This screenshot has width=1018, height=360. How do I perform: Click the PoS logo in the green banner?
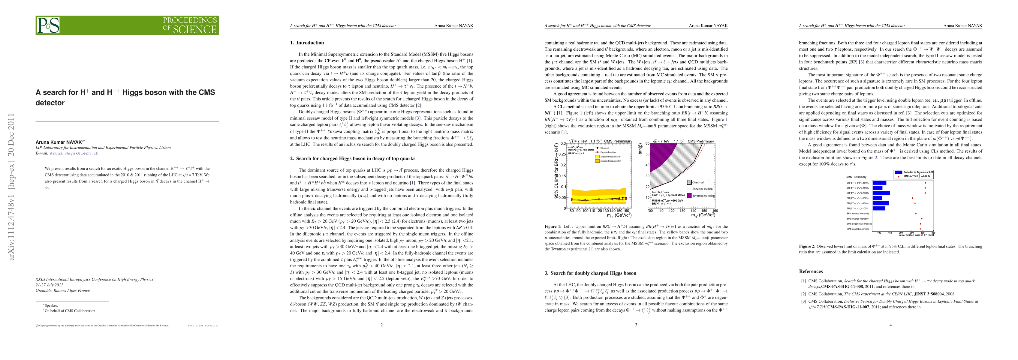(48, 25)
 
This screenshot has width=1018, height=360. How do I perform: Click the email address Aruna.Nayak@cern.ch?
(74, 153)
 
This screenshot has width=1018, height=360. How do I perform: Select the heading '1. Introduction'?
(307, 43)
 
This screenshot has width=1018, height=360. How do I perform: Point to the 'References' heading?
(811, 271)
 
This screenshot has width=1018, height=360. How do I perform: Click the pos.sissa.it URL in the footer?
(203, 325)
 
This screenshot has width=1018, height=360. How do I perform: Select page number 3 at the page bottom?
(636, 325)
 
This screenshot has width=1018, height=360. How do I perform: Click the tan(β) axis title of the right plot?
(640, 148)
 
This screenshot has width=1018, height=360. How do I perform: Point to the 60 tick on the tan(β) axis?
(647, 143)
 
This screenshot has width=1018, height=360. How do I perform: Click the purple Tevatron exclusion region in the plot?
(660, 154)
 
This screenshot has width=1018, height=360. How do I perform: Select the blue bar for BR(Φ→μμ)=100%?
(881, 193)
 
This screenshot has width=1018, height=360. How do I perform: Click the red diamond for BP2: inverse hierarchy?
(922, 218)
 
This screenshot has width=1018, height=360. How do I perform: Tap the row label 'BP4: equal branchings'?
(857, 229)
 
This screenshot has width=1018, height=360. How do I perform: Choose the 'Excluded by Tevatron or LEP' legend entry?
(914, 172)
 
